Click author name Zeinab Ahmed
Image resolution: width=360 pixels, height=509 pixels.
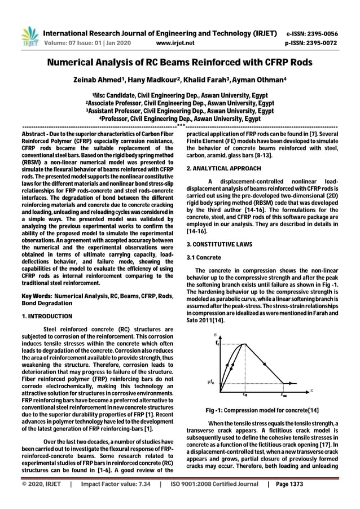point(98,81)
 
